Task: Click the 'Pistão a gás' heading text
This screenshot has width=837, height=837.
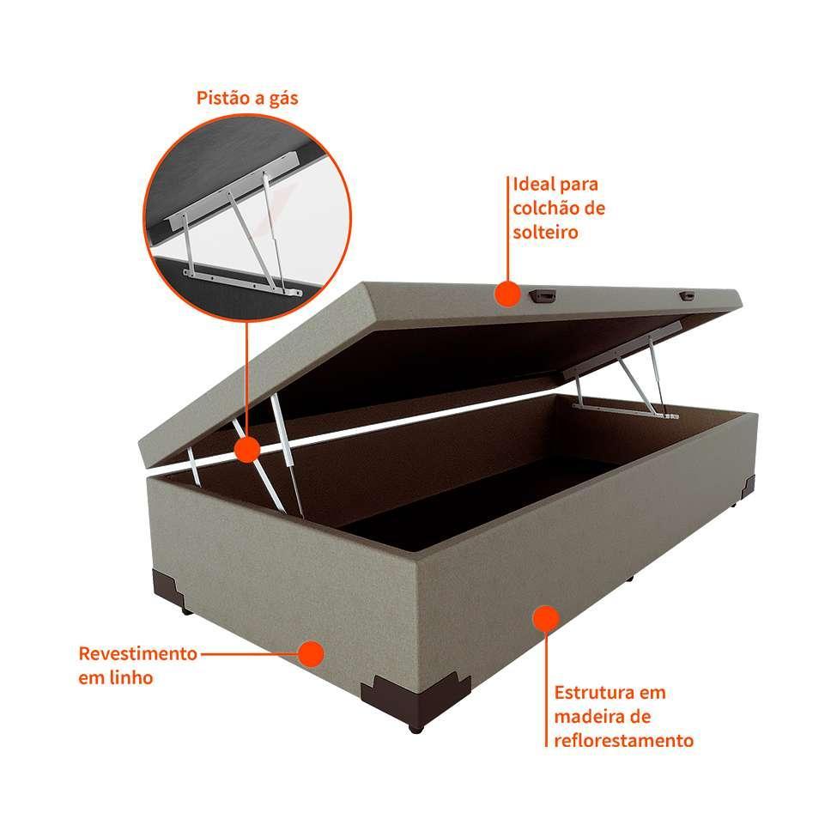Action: pos(247,98)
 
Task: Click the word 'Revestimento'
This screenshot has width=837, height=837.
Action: pos(137,653)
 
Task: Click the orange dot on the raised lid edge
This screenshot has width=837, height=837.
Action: pos(507,294)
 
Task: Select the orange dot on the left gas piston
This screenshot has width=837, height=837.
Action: pos(247,449)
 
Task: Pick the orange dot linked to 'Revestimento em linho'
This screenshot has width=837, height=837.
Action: pos(311,653)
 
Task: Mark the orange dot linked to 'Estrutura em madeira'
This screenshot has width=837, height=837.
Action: pos(545,617)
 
